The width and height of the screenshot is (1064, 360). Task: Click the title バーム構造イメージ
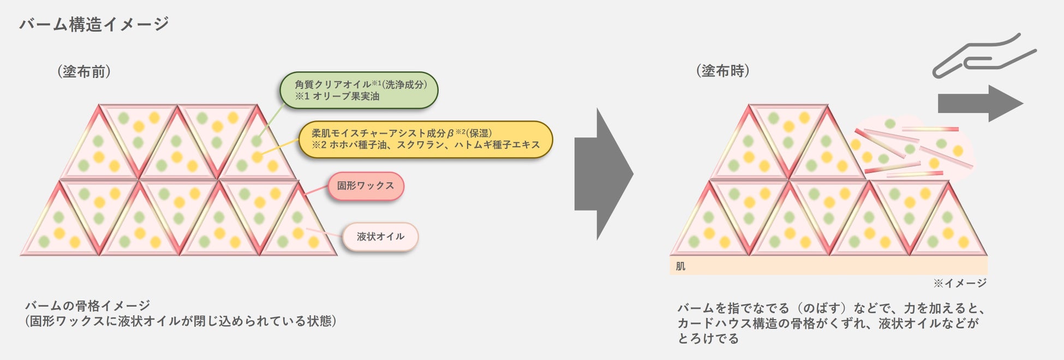[94, 24]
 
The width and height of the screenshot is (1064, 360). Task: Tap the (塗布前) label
[84, 71]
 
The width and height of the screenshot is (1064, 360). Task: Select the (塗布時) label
[722, 71]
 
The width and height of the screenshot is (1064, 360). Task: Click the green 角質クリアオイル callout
[359, 90]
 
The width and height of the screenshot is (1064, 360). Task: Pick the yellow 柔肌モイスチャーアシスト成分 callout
[426, 139]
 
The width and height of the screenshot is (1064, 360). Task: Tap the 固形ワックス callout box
[366, 186]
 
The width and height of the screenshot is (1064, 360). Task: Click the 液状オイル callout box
[380, 237]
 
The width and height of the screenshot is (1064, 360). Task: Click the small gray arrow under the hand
[979, 103]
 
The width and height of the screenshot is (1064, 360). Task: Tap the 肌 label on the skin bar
[680, 266]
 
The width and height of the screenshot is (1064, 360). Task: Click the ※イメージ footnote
[959, 283]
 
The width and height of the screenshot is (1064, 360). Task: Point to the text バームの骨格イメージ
[87, 305]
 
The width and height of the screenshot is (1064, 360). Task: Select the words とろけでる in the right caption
[708, 339]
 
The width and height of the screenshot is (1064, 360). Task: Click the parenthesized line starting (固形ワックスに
[180, 321]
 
